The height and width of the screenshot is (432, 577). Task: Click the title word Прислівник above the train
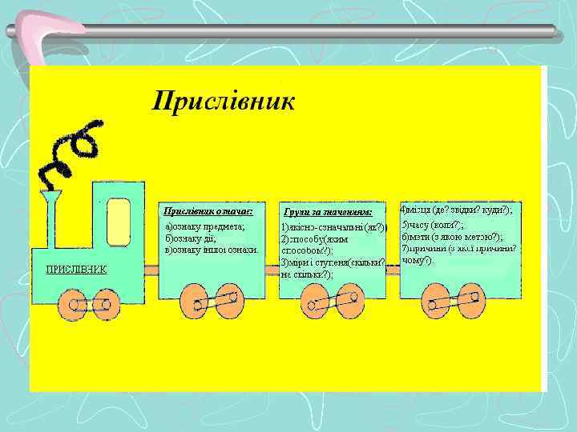(x=224, y=102)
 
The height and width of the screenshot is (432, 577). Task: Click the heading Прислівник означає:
(x=208, y=211)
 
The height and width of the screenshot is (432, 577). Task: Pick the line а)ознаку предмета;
(x=205, y=226)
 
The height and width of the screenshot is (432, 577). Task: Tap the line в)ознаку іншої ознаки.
(x=211, y=250)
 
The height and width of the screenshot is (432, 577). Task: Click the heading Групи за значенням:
(x=329, y=212)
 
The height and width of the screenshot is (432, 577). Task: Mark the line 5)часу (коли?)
(x=433, y=225)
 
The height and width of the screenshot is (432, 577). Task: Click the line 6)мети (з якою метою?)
(x=452, y=237)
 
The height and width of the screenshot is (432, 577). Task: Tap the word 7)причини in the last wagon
(x=426, y=249)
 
